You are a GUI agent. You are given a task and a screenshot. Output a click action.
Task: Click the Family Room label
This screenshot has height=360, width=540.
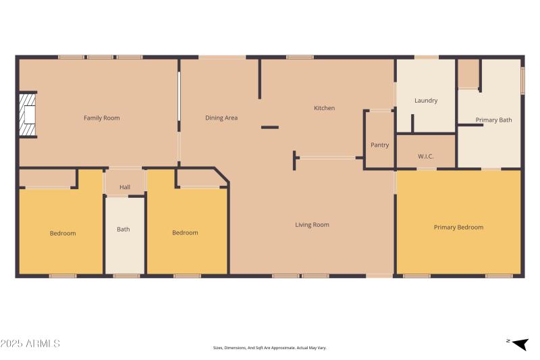(x=101, y=118)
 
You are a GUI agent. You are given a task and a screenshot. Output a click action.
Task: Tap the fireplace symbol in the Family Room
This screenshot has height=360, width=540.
(x=26, y=115)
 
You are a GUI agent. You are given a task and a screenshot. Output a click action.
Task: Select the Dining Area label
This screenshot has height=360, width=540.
(x=221, y=118)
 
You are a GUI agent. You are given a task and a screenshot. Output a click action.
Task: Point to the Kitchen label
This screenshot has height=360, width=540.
(x=324, y=108)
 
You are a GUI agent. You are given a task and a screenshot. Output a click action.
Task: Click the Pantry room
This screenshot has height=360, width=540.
(x=379, y=145)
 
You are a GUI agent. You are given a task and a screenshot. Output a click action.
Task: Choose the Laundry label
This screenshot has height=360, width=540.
(x=426, y=101)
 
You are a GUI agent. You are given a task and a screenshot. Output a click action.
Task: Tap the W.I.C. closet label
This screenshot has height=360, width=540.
(x=426, y=157)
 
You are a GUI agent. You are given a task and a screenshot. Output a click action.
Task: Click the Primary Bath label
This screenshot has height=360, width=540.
(x=493, y=120)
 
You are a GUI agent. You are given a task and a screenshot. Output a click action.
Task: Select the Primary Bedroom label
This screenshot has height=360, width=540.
(x=458, y=228)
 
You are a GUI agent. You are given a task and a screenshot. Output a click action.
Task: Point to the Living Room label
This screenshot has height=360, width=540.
(x=312, y=225)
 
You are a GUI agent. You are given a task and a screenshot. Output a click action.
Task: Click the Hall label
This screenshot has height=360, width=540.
(x=125, y=187)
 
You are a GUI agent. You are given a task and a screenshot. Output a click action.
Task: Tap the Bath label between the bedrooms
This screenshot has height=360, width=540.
(x=124, y=229)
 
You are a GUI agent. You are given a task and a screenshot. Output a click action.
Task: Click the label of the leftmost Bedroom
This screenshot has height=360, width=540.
(x=63, y=233)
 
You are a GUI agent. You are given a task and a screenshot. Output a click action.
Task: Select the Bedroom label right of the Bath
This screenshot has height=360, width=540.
(x=185, y=233)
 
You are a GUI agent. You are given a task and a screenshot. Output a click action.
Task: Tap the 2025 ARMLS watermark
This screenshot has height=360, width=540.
(x=30, y=344)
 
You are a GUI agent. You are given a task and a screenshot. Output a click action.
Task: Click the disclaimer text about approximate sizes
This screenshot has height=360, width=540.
(x=269, y=348)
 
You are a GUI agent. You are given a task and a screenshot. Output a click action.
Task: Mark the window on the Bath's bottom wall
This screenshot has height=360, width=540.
(x=126, y=276)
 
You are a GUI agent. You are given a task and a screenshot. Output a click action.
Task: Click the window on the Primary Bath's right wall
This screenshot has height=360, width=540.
(x=522, y=80)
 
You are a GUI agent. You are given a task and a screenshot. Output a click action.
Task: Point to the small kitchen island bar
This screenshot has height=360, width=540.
(x=270, y=127)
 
